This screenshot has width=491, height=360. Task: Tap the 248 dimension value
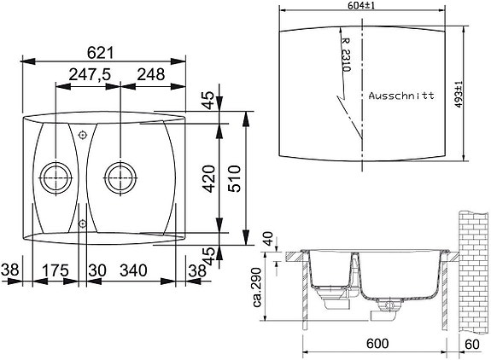pyautogui.click(x=150, y=75)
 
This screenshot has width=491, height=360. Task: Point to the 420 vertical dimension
pyautogui.click(x=208, y=180)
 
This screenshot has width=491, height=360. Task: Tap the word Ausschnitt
pyautogui.click(x=402, y=96)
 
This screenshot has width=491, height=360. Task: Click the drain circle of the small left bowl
pyautogui.click(x=58, y=178)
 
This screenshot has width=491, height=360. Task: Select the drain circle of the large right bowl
pyautogui.click(x=117, y=178)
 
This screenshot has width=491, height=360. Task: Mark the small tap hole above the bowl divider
pyautogui.click(x=82, y=135)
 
